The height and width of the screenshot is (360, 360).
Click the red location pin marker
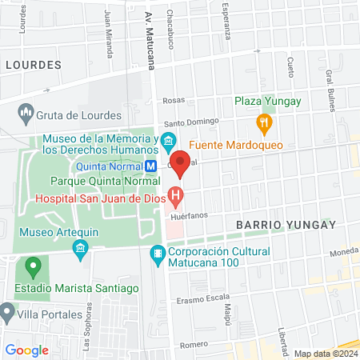tap(180, 162)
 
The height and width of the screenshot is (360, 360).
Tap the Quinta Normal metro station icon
tap(150, 166)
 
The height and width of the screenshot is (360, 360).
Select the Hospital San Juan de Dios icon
tap(175, 195)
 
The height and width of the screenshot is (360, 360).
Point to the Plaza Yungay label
tap(267, 101)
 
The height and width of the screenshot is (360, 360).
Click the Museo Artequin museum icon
tap(80, 250)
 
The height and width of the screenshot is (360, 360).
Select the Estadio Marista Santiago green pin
tap(32, 266)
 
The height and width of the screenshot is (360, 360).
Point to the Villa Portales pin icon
tap(8, 310)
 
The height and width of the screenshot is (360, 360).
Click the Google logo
tap(26, 350)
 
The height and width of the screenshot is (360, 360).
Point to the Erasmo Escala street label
tap(203, 302)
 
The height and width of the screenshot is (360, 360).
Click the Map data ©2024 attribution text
tap(326, 353)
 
